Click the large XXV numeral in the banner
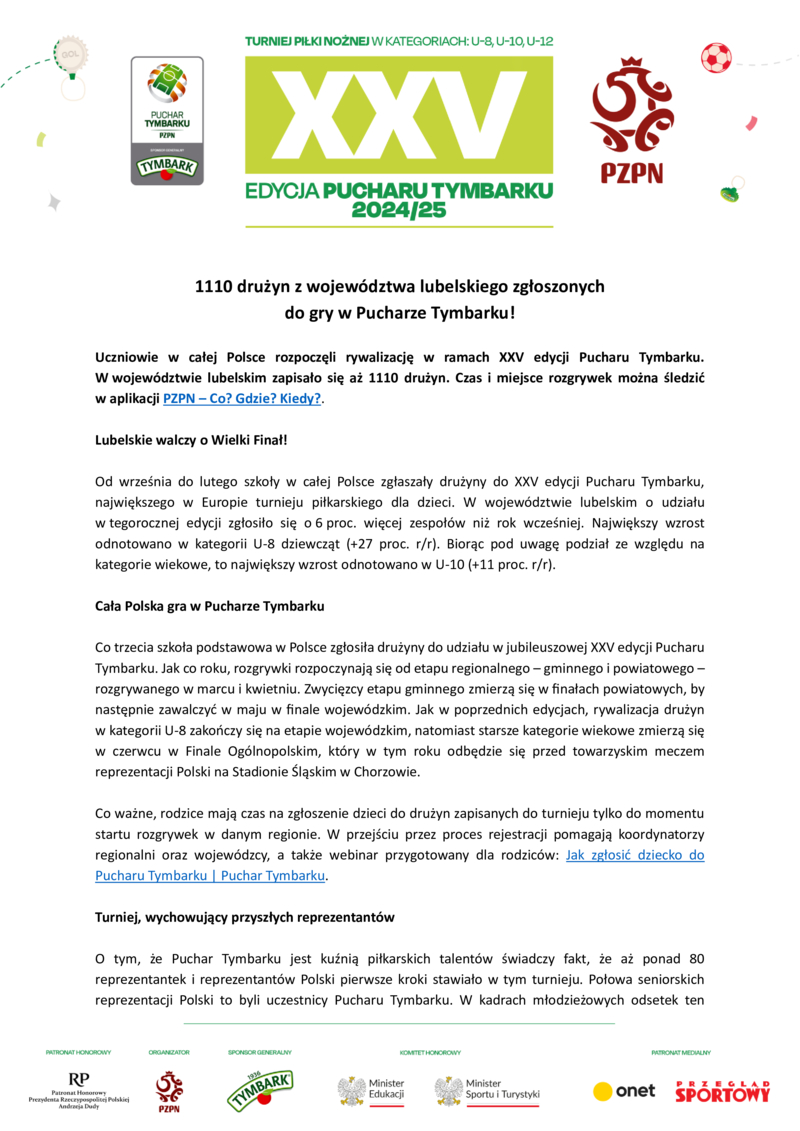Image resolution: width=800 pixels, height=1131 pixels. click(x=399, y=114)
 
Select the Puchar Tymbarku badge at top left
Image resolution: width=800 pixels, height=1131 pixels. click(x=167, y=120)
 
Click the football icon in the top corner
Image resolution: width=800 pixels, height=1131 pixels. click(x=716, y=57)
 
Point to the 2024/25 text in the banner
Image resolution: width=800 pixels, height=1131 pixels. click(x=399, y=211)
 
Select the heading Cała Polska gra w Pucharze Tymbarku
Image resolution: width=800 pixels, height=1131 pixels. click(x=209, y=606)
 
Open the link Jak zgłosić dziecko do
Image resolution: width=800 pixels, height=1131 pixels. click(x=635, y=855)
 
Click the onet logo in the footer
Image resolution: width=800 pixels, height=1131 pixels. click(x=624, y=1090)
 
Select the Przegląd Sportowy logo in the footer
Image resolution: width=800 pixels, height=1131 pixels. click(x=722, y=1091)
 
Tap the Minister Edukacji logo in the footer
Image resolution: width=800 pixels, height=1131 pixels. click(x=371, y=1090)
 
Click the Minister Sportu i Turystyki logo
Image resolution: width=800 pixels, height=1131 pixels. click(x=487, y=1090)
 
